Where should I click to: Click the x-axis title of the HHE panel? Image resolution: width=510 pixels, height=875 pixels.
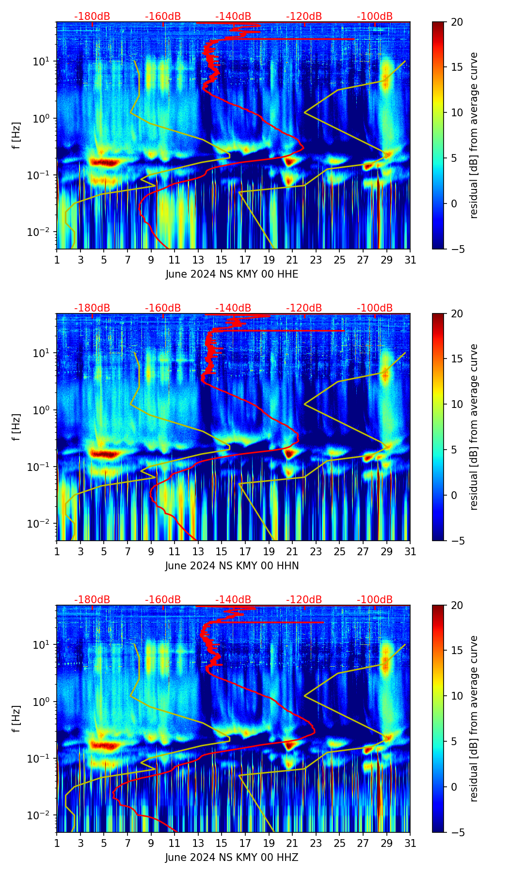(x=232, y=274)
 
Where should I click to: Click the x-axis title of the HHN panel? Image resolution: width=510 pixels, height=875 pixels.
(x=232, y=566)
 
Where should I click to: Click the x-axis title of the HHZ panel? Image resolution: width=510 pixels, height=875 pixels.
(x=232, y=858)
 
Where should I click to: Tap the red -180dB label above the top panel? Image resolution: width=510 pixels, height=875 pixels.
(x=92, y=16)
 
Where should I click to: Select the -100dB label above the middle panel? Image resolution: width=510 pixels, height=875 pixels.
(x=375, y=308)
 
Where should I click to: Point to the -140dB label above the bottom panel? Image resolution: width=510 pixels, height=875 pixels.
(x=233, y=600)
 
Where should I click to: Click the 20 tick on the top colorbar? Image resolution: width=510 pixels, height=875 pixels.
(x=457, y=22)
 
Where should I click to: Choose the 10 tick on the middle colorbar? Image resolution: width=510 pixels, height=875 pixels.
(x=457, y=404)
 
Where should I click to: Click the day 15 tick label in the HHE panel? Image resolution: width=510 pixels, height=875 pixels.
(x=222, y=260)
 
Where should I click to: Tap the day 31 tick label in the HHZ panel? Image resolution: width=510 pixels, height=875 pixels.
(x=410, y=843)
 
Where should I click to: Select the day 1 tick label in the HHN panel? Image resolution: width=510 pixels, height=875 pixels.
(x=57, y=551)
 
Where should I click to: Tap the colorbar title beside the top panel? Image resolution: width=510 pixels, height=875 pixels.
(x=474, y=135)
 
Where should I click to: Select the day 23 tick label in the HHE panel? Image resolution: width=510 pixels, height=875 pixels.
(x=316, y=260)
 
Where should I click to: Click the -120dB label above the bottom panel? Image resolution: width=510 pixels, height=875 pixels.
(x=304, y=600)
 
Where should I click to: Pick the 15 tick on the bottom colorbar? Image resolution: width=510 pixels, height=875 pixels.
(x=457, y=650)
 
